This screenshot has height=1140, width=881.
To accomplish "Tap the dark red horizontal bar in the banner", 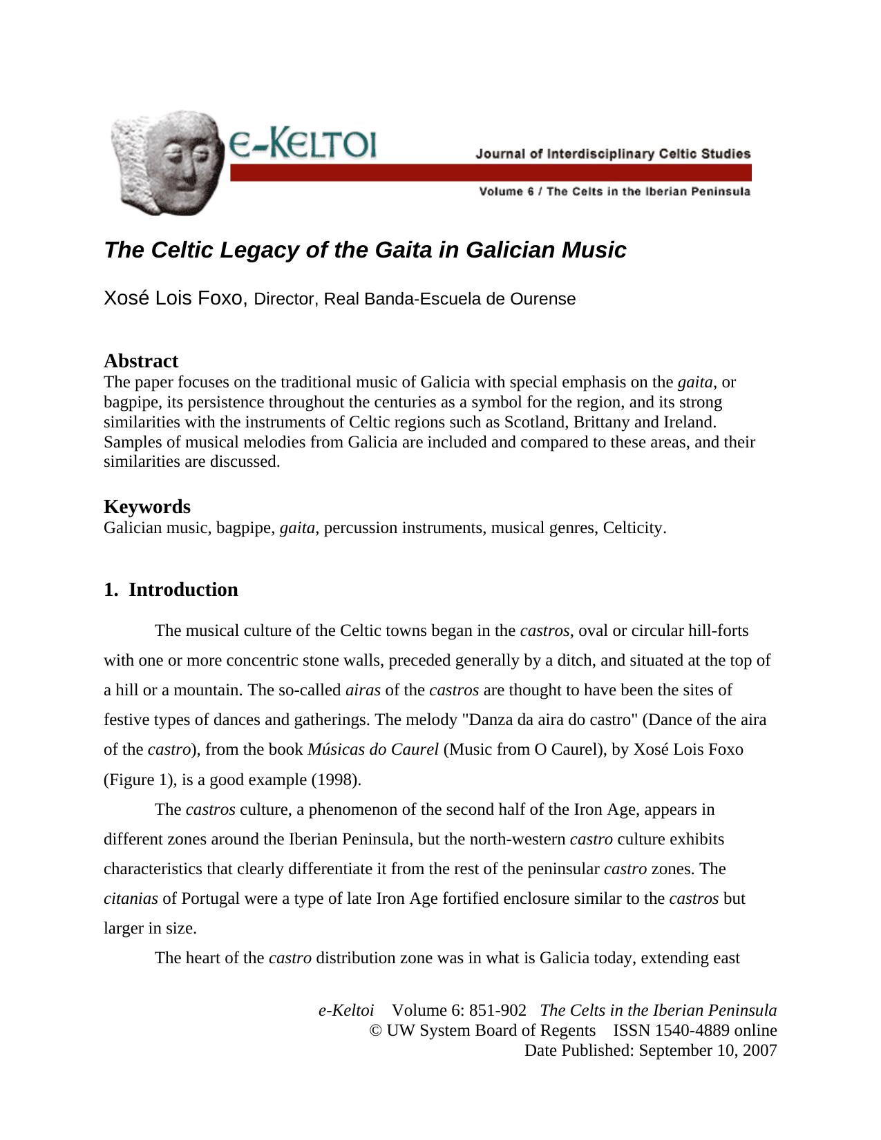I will tap(491, 173).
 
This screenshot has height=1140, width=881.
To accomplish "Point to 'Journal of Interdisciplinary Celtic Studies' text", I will tap(612, 153).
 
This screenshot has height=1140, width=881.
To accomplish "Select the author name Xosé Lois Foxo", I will tap(175, 298).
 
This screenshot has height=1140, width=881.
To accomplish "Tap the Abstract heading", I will tap(141, 361).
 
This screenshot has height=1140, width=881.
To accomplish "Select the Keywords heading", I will tap(147, 507).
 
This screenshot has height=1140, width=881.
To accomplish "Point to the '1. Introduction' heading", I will tap(171, 590).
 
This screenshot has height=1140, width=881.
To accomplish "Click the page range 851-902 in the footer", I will tap(497, 1011).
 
